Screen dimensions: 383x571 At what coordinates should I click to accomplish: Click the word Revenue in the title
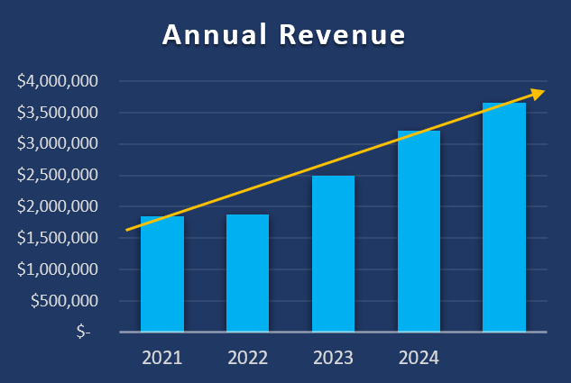(342, 35)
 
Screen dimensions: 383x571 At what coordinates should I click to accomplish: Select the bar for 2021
(162, 274)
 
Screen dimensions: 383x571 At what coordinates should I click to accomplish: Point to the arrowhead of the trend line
(539, 92)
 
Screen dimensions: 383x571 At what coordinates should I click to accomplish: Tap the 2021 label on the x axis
(162, 358)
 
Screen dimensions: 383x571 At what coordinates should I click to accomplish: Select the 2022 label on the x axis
(247, 358)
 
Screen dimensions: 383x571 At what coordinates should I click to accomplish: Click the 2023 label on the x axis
(333, 358)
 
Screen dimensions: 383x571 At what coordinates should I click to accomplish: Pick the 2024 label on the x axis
(419, 358)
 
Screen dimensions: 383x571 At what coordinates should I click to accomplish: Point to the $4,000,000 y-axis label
(58, 81)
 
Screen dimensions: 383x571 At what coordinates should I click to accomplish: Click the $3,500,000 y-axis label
(58, 113)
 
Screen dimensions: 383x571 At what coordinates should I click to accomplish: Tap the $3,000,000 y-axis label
(58, 144)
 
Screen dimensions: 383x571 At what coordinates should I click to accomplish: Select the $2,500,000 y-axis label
(58, 175)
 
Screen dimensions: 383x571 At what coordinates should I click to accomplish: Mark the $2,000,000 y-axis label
(58, 206)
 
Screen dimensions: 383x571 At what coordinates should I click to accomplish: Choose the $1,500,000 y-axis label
(58, 238)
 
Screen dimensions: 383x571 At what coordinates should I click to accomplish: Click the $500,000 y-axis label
(64, 301)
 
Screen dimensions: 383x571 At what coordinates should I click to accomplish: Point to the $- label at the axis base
(83, 333)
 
